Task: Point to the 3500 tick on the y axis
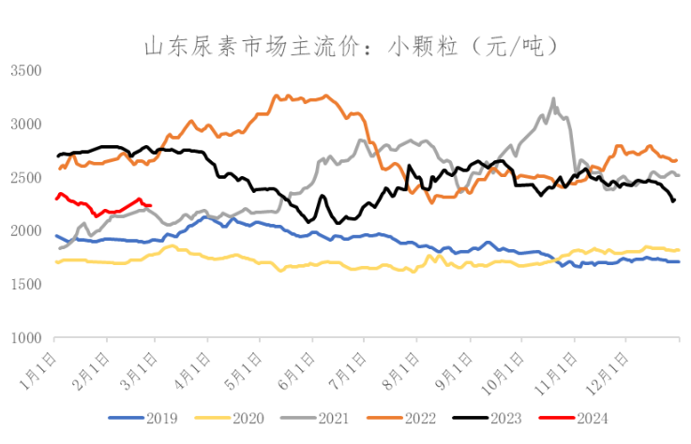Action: [x=25, y=71]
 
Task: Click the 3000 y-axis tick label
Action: [x=25, y=125]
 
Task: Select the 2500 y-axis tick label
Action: [x=25, y=178]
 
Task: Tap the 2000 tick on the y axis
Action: [x=25, y=231]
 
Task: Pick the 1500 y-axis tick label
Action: [x=25, y=285]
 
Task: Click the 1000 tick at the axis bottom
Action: [x=25, y=338]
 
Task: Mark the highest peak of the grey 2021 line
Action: [x=553, y=97]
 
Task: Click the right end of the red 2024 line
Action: [x=152, y=205]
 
